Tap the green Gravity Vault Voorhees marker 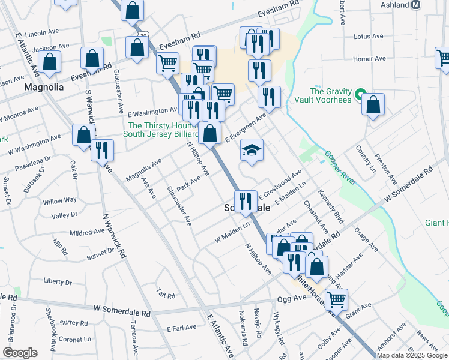point(360,95)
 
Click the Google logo point(20,353)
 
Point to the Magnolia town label point(44,87)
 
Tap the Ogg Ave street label point(291,298)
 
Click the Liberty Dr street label point(58,281)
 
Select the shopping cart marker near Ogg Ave point(336,298)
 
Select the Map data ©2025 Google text point(412,355)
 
